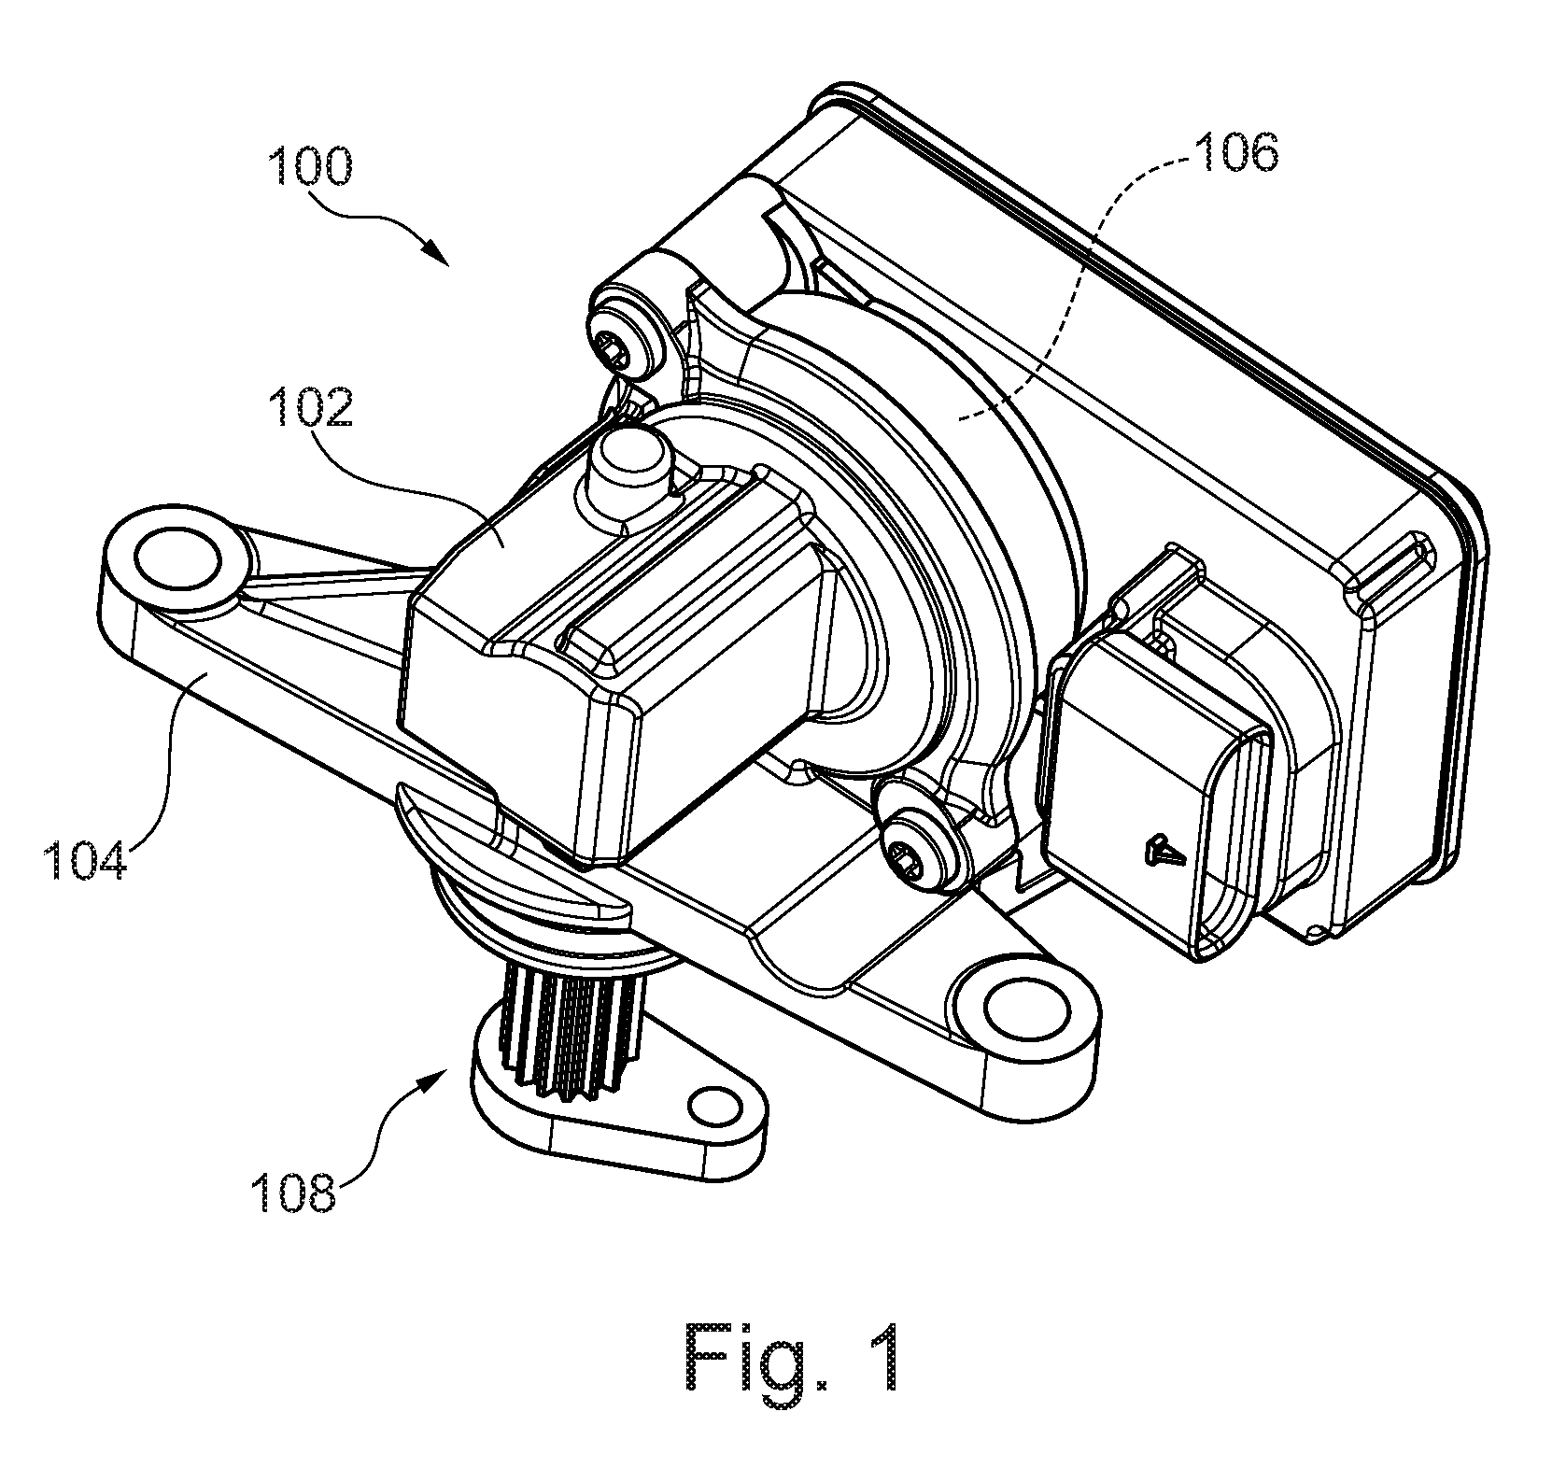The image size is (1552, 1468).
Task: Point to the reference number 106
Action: pos(1235,151)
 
